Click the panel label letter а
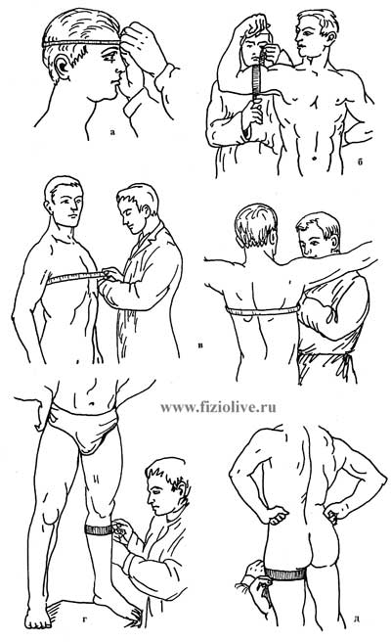click(112, 132)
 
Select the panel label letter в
click(200, 345)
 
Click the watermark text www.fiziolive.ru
click(218, 407)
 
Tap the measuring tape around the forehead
click(81, 43)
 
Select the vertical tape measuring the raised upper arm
click(256, 81)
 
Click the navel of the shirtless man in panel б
click(314, 158)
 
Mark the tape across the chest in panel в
click(76, 277)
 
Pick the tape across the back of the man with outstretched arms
click(263, 311)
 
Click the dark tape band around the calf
click(99, 529)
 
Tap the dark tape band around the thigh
click(284, 573)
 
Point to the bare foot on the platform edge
click(37, 618)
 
